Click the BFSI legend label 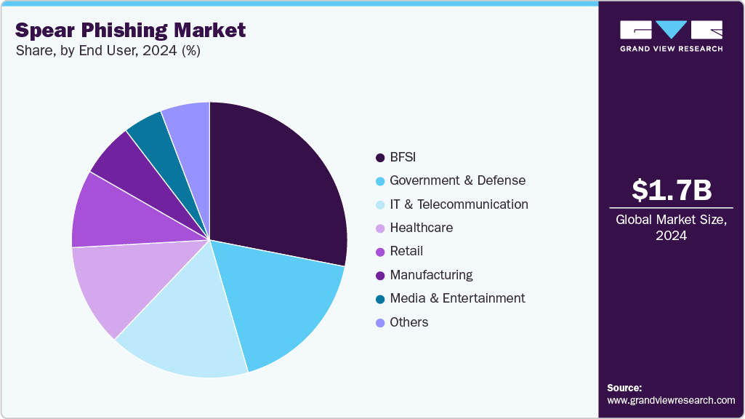[x=403, y=157]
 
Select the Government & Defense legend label [x=457, y=180]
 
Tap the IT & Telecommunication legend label [x=459, y=204]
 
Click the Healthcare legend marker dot [x=379, y=228]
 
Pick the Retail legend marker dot [x=379, y=252]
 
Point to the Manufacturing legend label [x=431, y=275]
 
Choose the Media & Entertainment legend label [x=457, y=298]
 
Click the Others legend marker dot [x=379, y=322]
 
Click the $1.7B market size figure [x=671, y=191]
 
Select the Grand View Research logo [x=671, y=36]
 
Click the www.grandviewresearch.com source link [x=671, y=400]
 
